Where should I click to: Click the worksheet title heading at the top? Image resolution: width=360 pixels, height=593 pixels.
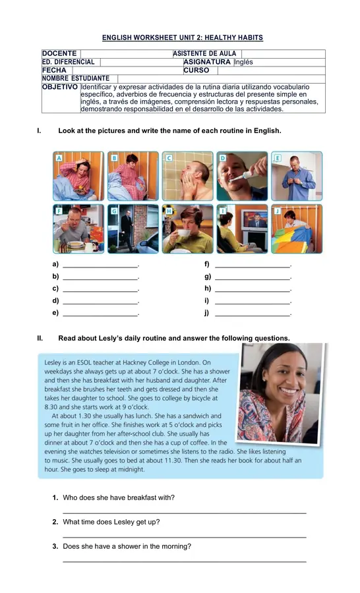point(183,38)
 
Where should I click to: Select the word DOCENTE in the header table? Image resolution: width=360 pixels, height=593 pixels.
point(59,53)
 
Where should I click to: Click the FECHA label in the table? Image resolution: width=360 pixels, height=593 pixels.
point(54,71)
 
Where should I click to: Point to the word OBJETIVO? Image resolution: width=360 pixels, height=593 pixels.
point(60,87)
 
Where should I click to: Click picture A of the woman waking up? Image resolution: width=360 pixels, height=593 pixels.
point(78,177)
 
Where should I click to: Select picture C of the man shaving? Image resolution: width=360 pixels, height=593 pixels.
point(187,177)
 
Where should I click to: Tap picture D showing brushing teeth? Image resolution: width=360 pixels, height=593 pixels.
point(242,177)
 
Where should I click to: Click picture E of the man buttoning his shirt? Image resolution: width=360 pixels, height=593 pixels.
point(297,177)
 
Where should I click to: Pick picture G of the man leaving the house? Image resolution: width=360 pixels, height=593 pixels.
point(133,229)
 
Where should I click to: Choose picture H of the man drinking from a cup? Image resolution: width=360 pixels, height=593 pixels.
point(187,229)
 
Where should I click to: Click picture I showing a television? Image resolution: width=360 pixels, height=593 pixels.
point(242,229)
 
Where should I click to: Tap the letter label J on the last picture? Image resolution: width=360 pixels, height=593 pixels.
point(278,211)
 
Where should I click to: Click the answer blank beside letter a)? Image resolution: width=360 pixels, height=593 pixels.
point(100,266)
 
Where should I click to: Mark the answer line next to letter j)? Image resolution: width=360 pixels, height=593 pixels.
point(253,314)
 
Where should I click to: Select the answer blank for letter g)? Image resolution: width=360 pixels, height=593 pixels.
point(253,277)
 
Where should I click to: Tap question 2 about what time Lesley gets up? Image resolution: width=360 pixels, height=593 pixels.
point(111,522)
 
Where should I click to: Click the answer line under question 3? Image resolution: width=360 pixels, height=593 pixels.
point(184,561)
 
